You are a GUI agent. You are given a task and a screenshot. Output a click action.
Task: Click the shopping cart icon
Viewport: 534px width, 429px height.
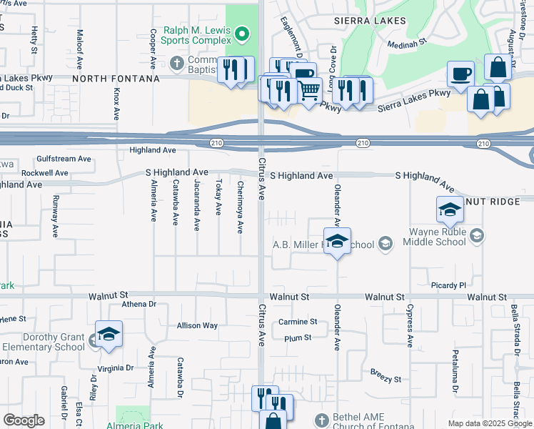[x=308, y=90]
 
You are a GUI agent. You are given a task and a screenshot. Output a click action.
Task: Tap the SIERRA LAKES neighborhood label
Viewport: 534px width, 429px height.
[x=371, y=21]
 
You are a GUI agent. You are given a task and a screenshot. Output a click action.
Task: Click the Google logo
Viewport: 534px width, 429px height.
[x=24, y=420]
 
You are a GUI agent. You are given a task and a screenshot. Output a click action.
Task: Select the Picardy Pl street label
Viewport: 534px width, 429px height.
[x=448, y=285]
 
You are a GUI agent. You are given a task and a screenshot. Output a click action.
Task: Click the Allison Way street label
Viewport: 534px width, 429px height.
[x=197, y=325]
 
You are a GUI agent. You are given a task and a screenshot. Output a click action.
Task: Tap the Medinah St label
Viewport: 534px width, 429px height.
[x=406, y=43]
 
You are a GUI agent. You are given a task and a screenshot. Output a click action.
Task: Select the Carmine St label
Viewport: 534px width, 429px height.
[x=298, y=322]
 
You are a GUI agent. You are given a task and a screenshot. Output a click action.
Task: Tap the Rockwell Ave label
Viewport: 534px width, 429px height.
[x=44, y=173]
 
